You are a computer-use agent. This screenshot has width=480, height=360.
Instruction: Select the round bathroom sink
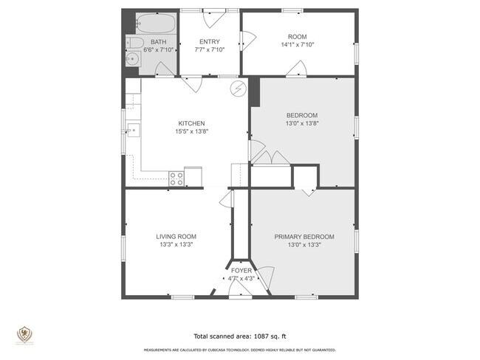[x=131, y=58]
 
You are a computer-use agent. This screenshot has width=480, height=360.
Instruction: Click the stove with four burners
[x=176, y=178]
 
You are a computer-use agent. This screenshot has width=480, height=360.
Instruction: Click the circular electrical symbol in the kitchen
[x=238, y=89]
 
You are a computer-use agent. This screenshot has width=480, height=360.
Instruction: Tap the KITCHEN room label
[x=191, y=123]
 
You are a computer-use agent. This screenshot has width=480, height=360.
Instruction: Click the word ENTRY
[x=210, y=42]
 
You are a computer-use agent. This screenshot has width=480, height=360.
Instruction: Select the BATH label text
[x=159, y=42]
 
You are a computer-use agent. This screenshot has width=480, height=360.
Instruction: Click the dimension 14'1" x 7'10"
[x=297, y=44]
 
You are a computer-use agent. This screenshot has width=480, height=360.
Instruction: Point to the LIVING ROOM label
[x=176, y=237]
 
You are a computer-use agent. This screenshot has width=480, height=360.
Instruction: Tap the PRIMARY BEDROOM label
[x=304, y=237]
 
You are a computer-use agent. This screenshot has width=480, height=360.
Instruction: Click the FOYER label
[x=241, y=271]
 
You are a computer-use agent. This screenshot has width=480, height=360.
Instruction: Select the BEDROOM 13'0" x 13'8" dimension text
[x=301, y=124]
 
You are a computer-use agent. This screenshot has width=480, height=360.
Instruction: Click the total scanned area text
[x=239, y=334]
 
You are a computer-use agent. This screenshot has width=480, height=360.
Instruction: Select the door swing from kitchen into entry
[x=191, y=83]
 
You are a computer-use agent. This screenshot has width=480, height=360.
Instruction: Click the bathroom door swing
[x=165, y=70]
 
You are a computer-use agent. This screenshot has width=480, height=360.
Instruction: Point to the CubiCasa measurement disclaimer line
[x=239, y=350]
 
